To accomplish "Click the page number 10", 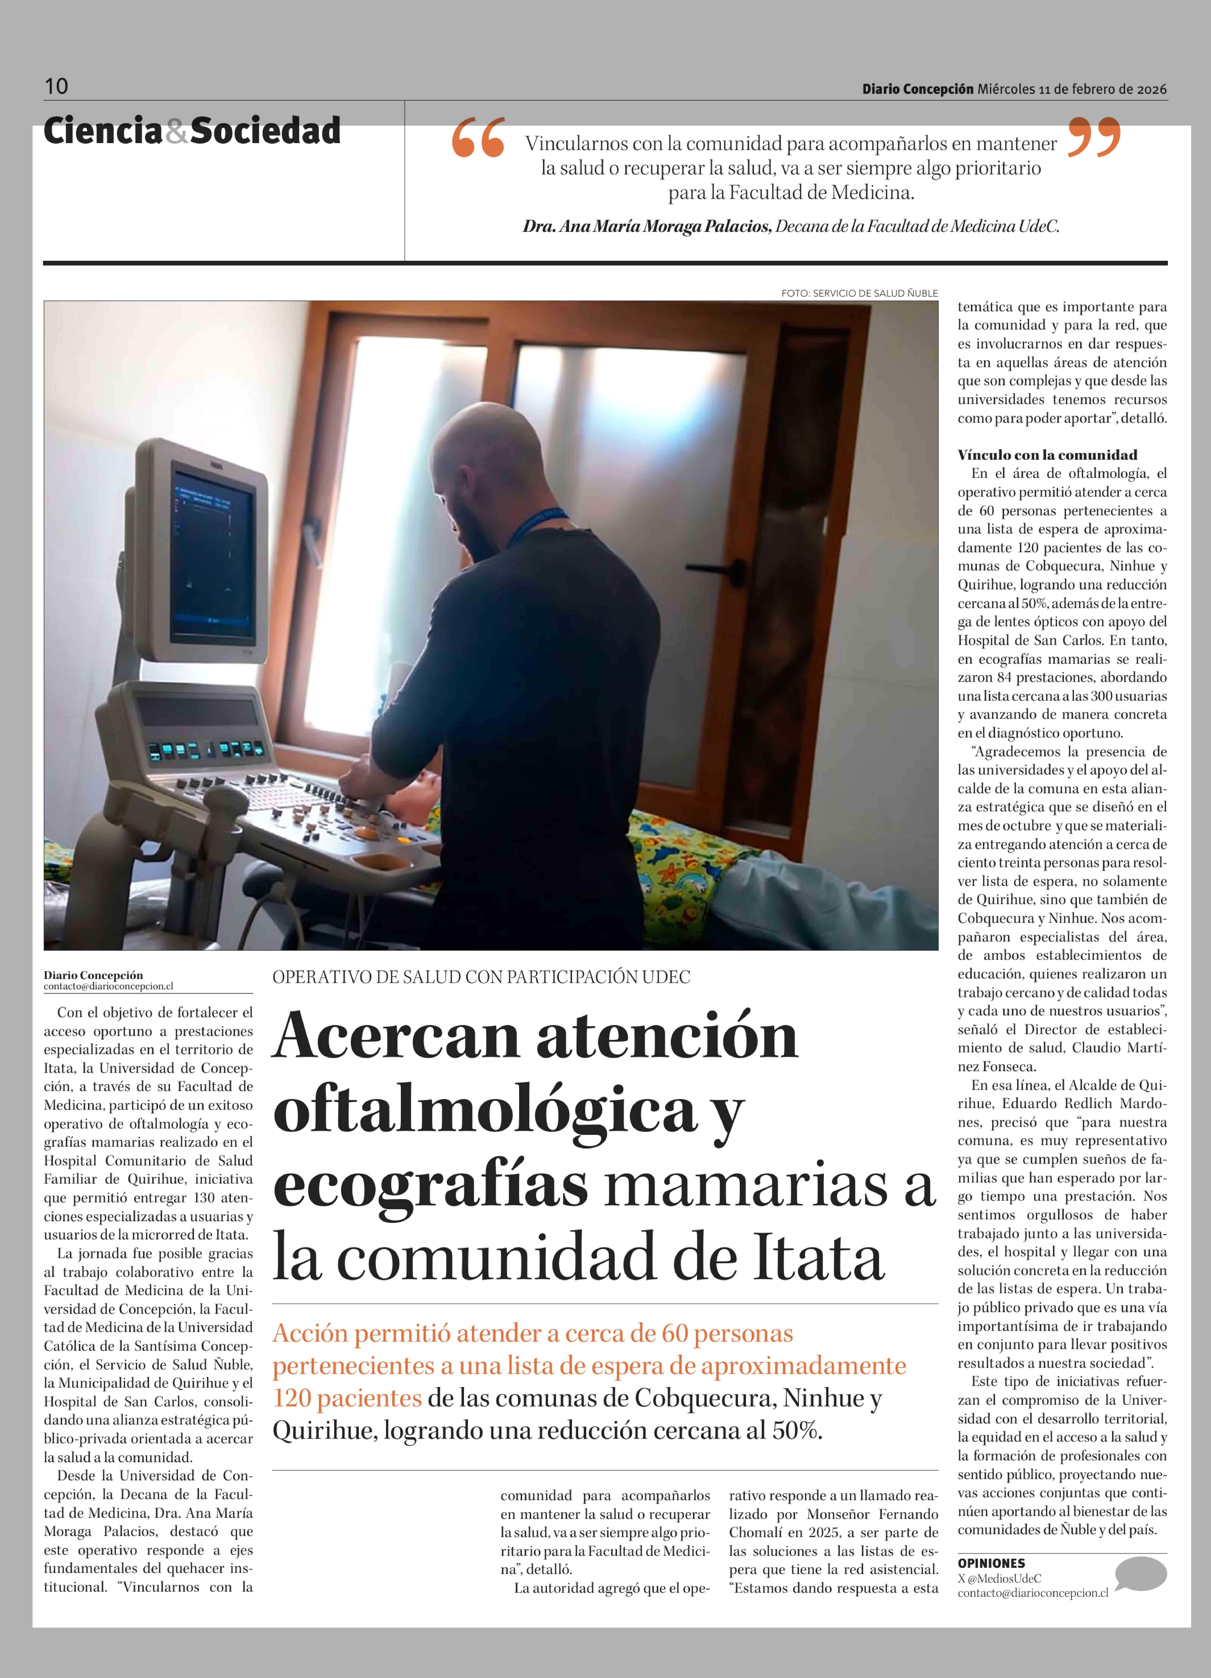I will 56,87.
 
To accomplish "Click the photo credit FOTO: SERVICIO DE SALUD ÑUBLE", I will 859,293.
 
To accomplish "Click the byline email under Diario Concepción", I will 108,986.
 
